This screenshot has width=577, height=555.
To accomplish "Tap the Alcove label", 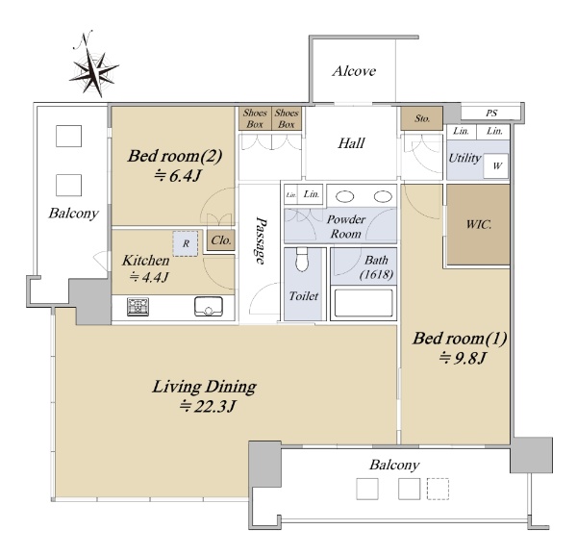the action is point(354,71).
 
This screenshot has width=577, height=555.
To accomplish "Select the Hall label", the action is point(351,142).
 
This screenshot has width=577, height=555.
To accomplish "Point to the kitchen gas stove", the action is point(138,307).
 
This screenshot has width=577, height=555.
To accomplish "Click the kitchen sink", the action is point(209,306).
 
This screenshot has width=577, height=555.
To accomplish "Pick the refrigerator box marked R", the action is point(186,243).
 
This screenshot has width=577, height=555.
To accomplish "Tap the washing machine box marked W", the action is point(495,166).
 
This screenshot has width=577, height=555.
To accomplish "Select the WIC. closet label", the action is point(478,224).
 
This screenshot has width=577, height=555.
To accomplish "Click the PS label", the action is point(491,113).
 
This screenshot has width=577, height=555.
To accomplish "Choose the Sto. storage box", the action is point(422,118).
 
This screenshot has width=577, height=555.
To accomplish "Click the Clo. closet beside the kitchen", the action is point(221,240).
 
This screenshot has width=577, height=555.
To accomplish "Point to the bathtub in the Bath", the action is point(364,303).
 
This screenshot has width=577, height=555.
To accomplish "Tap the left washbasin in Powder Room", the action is point(345,196).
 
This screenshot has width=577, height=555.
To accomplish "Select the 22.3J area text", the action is point(207,406).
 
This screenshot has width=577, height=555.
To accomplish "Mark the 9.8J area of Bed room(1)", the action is point(463,358).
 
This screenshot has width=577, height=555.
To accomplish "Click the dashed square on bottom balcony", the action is point(438,489).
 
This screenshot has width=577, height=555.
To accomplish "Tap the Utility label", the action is point(464,159).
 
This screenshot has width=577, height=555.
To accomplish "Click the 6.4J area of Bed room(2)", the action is point(177,176).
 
